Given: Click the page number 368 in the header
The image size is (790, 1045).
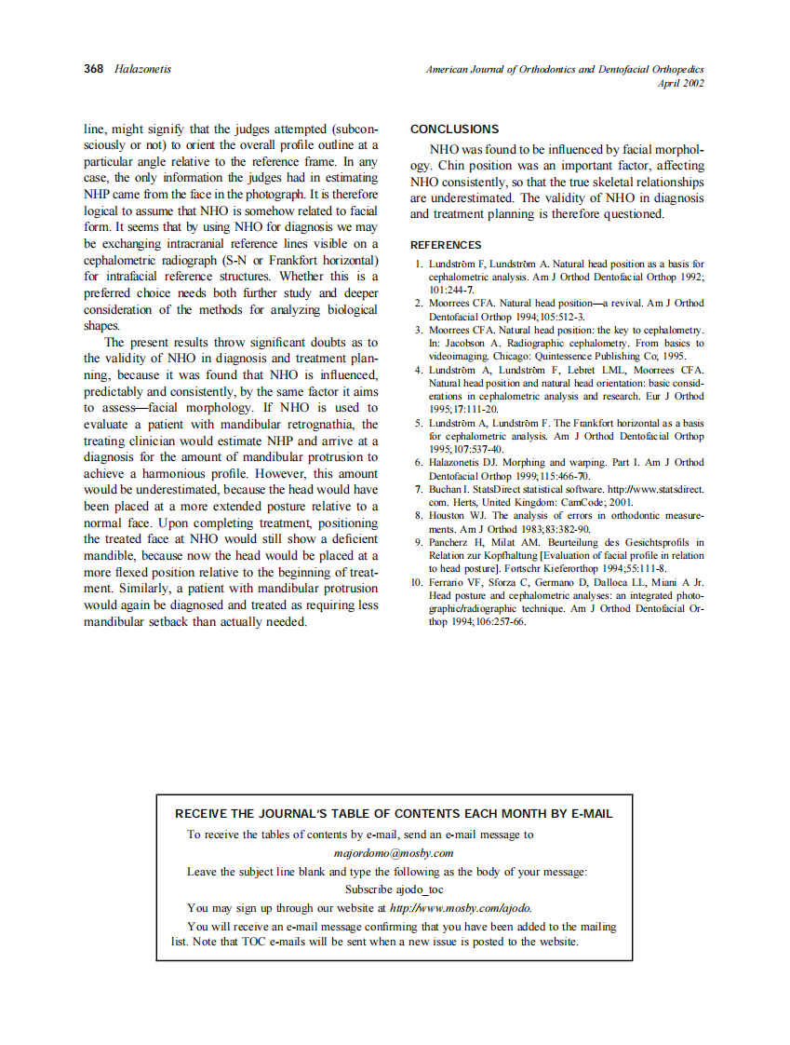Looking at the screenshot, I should [94, 69].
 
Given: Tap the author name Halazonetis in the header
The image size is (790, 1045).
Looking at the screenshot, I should [142, 69].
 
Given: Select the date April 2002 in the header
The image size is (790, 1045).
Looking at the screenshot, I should [680, 83].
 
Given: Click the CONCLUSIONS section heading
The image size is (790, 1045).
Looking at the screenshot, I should [454, 129].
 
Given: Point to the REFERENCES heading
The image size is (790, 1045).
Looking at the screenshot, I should [446, 245].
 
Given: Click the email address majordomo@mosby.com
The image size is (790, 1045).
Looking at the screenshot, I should [394, 852].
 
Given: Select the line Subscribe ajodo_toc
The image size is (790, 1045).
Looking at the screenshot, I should [394, 889].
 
